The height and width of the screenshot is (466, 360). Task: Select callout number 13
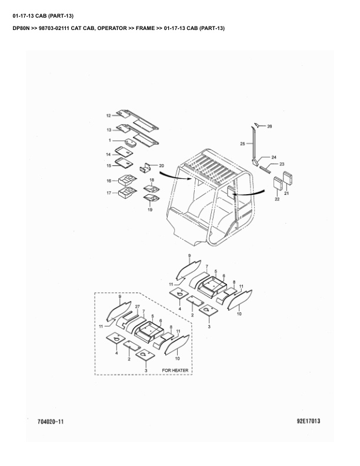[109, 129]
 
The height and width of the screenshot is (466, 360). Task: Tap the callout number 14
[108, 154]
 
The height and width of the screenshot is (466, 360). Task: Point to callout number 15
[108, 165]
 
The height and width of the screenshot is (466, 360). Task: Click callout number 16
[108, 181]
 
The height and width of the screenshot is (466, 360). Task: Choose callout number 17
[108, 192]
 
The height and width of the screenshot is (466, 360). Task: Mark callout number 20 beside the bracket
[161, 166]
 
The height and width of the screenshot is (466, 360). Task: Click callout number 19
[150, 209]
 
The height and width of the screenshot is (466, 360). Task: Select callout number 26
[269, 127]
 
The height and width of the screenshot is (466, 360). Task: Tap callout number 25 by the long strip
[242, 144]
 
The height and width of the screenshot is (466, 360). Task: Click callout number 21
[286, 193]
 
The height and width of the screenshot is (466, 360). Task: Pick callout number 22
[277, 200]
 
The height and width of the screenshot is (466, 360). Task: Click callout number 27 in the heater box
[137, 307]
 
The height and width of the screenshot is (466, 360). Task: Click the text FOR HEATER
[175, 370]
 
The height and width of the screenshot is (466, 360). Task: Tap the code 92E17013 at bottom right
[308, 421]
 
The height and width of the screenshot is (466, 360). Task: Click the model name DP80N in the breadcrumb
[21, 28]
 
